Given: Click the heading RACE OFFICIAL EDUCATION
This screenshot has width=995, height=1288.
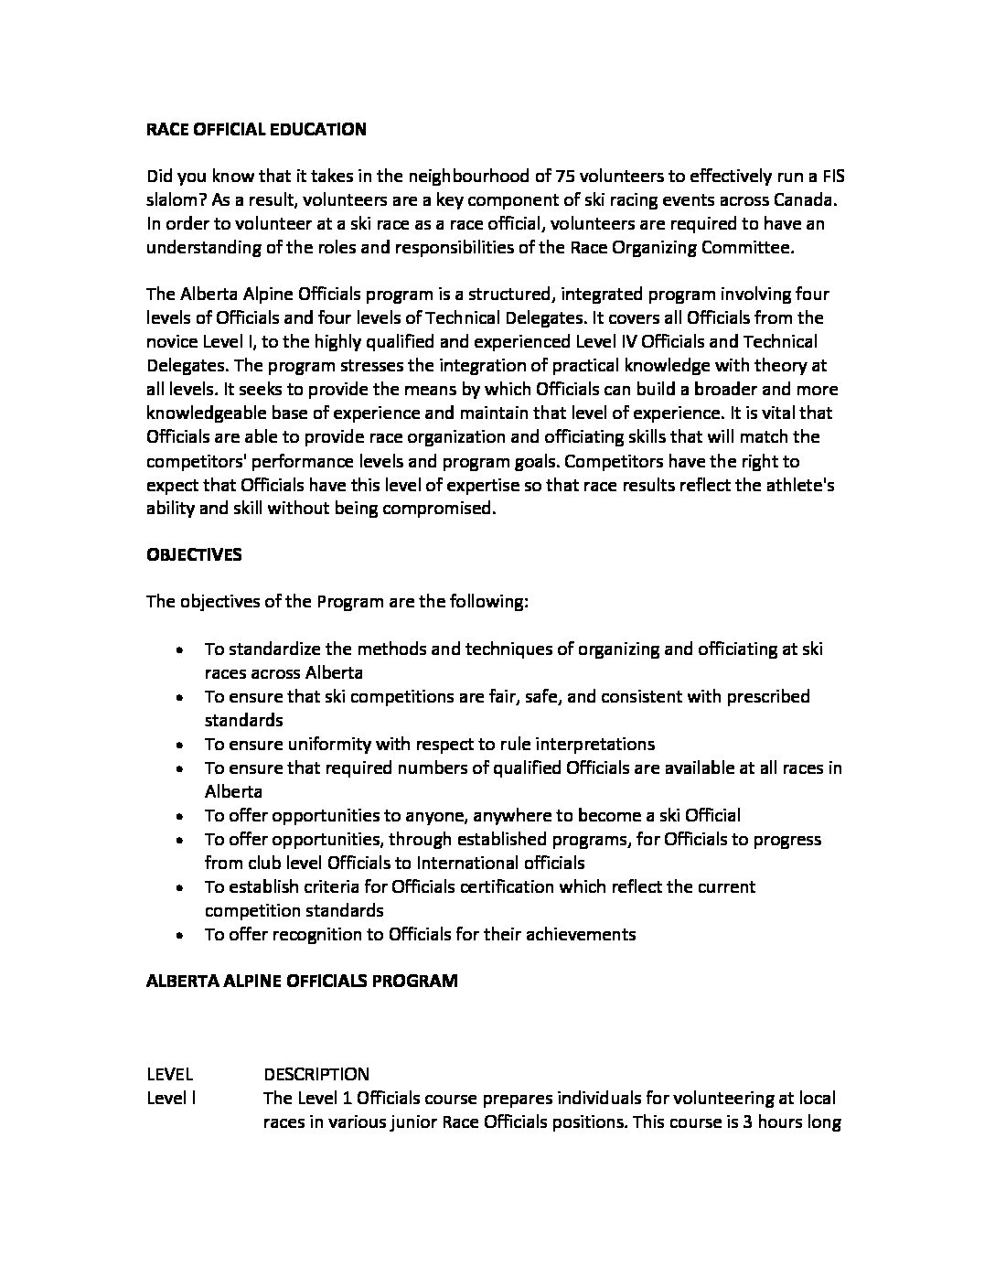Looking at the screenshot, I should tap(256, 129).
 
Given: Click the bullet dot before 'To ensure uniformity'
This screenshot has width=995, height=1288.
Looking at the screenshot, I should tap(184, 745).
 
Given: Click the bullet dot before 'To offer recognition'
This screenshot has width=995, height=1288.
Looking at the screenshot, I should tap(184, 935).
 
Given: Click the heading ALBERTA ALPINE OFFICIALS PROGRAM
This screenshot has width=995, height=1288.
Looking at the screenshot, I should tap(302, 981).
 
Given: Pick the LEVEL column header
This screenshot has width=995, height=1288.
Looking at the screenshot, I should tap(169, 1074).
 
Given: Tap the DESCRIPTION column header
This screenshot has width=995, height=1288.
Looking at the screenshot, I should tap(316, 1074).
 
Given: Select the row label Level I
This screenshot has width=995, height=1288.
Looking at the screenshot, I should tap(171, 1098).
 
